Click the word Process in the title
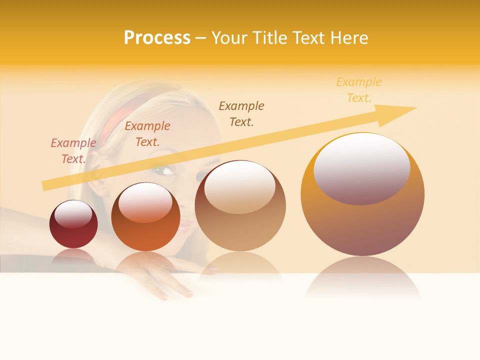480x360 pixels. (157, 38)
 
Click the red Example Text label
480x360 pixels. (73, 151)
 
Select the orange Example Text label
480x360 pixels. (147, 134)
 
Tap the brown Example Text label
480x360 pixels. (241, 113)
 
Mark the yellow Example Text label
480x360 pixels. (359, 90)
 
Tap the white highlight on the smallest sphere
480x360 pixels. (73, 213)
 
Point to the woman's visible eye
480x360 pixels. (164, 171)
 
